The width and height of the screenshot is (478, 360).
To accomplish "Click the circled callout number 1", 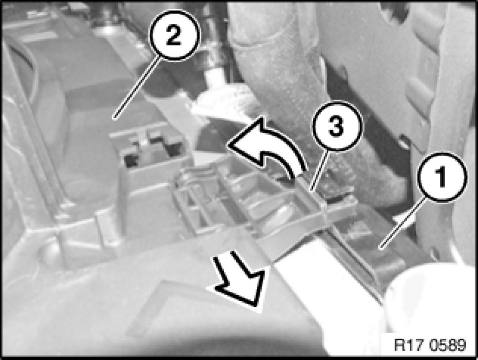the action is point(442,177).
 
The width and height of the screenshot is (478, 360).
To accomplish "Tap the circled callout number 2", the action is point(174,35).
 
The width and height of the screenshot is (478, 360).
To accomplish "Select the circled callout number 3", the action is point(337,126).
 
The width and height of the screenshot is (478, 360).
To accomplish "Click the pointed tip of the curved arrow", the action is point(228,144).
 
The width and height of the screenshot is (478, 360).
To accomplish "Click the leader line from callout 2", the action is point(137,88).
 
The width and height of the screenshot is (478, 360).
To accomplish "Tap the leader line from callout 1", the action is point(403,223).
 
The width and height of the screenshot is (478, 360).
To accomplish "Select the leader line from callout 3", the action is point(319,170).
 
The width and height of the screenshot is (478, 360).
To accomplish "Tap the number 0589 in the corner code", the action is point(447,345).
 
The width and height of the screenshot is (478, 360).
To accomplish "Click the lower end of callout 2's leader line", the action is point(114,118).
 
